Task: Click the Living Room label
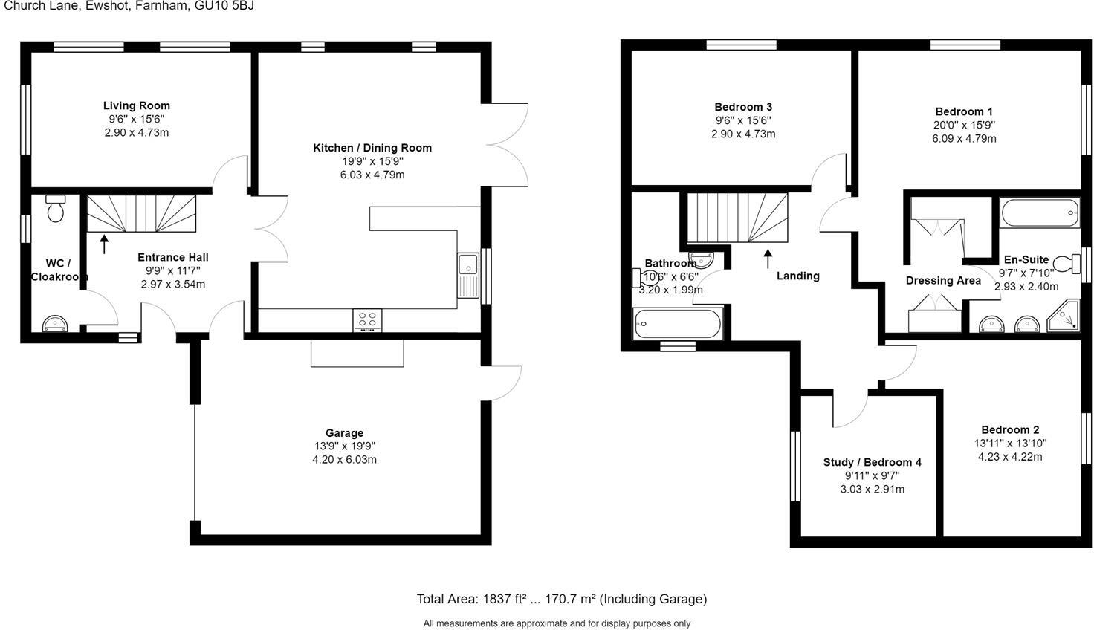[x=136, y=105]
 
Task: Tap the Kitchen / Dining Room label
[x=372, y=148]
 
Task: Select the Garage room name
[x=344, y=433]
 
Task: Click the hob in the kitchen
[x=367, y=320]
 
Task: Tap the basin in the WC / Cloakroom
[x=55, y=324]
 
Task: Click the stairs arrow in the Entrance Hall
[x=104, y=244]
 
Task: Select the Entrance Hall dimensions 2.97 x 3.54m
[x=172, y=284]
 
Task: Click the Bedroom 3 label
[x=743, y=107]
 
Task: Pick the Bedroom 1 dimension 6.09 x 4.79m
[x=964, y=138]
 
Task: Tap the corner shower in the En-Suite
[x=1064, y=317]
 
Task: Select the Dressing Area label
[x=943, y=281]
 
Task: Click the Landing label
[x=797, y=276]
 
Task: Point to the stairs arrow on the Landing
[x=768, y=259]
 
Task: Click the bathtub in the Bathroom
[x=676, y=325]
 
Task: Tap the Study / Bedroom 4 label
[x=872, y=462]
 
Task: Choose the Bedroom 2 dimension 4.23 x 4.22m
[x=1009, y=457]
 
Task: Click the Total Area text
[x=561, y=599]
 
